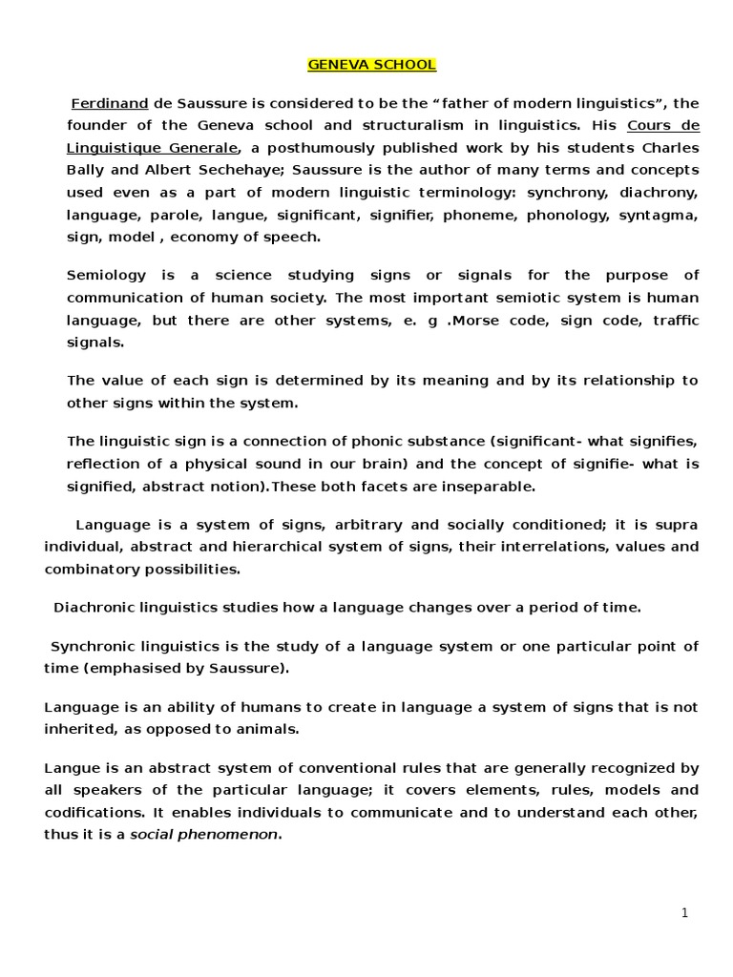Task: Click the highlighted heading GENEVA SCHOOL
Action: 358,66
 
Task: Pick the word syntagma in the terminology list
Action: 664,216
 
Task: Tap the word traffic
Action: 675,321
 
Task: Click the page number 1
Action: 684,913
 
